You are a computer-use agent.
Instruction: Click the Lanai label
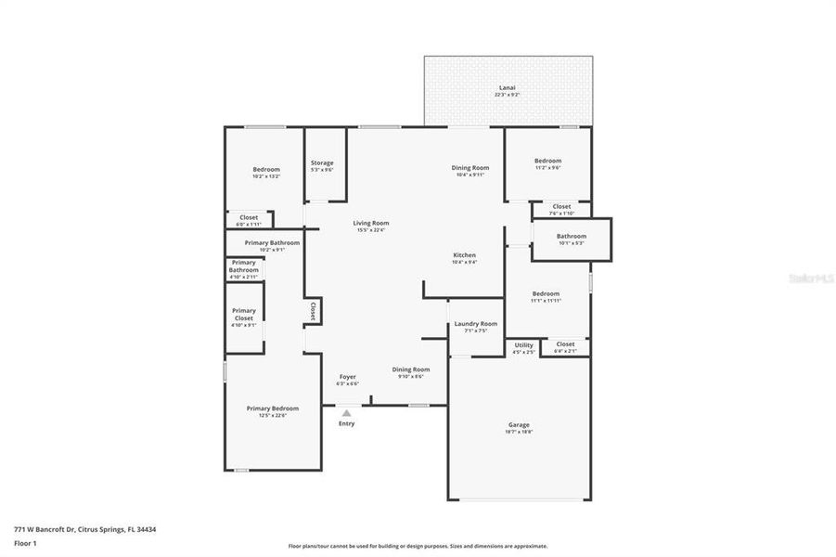click(508, 87)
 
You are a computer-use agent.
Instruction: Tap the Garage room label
click(520, 425)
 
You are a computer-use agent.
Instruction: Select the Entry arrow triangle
click(347, 413)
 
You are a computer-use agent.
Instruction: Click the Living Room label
click(370, 223)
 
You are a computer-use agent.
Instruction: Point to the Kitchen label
click(464, 255)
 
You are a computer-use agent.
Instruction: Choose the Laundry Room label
click(475, 324)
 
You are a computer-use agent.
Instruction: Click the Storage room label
click(322, 162)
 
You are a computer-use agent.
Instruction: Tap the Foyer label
click(347, 377)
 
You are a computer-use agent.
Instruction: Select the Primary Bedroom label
click(272, 408)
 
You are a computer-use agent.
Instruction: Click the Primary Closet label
click(243, 315)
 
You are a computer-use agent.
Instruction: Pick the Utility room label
click(524, 344)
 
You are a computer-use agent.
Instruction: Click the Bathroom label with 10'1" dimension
click(572, 236)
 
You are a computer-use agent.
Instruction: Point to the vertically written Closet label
click(314, 312)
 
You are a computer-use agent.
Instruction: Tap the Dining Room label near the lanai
click(470, 167)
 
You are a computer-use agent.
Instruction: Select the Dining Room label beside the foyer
click(410, 369)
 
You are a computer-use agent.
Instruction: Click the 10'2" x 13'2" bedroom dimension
click(266, 175)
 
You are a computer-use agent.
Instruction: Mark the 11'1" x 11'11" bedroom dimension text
click(546, 300)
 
